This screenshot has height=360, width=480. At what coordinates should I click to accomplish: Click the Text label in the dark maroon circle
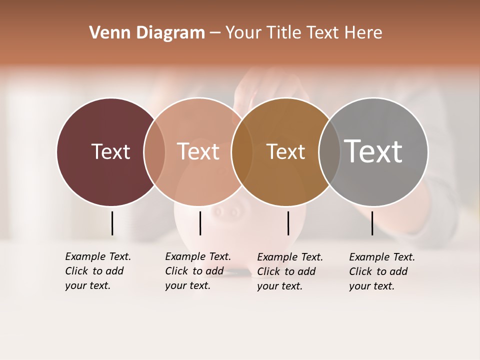(110, 151)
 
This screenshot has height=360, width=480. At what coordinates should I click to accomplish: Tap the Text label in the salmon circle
(198, 151)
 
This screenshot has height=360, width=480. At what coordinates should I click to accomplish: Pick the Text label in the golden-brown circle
(285, 151)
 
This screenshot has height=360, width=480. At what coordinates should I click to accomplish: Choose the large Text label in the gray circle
(373, 151)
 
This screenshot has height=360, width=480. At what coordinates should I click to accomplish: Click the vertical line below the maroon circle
(112, 223)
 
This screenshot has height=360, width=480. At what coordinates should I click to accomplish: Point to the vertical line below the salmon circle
(200, 223)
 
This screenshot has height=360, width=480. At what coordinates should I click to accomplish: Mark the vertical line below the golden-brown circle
(288, 223)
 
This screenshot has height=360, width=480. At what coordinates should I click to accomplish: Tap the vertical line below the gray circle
(372, 223)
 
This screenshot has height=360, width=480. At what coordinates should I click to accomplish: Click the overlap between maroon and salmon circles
(154, 151)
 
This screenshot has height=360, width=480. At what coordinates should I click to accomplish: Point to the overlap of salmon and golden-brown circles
(242, 151)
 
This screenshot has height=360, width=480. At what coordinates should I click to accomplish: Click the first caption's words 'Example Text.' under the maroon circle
(98, 256)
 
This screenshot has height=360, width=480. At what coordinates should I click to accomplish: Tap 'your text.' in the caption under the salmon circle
(187, 285)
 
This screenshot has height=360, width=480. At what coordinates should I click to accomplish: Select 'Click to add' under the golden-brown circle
(286, 271)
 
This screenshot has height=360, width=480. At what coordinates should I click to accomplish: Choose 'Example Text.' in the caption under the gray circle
(382, 257)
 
